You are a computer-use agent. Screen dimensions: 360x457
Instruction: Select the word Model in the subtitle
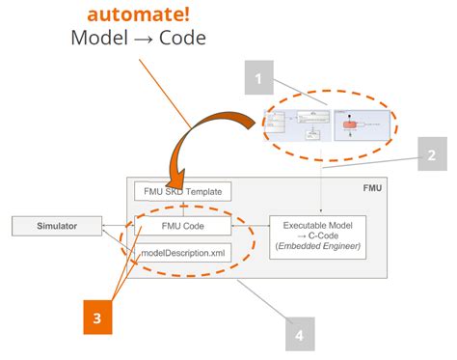[99, 39]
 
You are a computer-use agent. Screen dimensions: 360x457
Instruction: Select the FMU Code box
[184, 227]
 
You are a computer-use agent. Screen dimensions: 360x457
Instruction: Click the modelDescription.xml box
[184, 253]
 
